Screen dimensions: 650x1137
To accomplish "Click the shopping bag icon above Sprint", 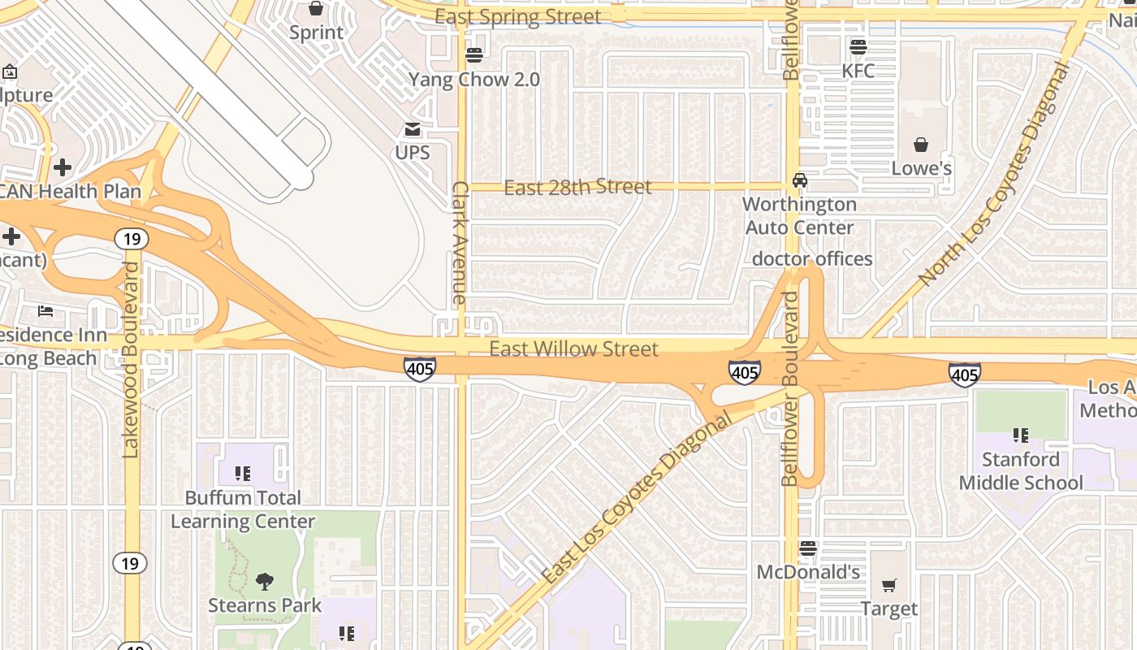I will click(x=316, y=9).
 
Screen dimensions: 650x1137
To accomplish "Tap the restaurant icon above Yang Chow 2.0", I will click(x=474, y=55).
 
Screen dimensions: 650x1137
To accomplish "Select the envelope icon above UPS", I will click(x=413, y=129).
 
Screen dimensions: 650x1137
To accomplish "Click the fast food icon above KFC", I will click(x=858, y=46).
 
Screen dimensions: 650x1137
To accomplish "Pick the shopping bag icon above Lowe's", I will click(x=921, y=145).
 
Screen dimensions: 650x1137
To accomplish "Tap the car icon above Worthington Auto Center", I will click(x=800, y=180).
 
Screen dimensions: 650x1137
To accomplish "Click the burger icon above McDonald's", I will click(x=807, y=548).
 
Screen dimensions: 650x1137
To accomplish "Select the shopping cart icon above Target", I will click(x=889, y=585).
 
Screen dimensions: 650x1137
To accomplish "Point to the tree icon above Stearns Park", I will click(x=264, y=581).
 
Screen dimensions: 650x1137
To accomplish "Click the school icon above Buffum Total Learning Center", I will click(x=242, y=473).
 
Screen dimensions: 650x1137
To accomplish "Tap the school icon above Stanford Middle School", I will click(x=1021, y=435).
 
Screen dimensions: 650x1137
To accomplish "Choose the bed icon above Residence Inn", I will click(x=45, y=311).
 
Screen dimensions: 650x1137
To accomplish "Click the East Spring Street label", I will click(x=518, y=17).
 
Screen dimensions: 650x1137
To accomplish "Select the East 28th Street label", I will click(x=577, y=188).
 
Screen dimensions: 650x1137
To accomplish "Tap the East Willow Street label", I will click(x=573, y=349).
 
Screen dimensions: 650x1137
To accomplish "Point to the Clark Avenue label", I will click(x=460, y=243).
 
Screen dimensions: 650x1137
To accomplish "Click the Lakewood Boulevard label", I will click(x=131, y=359).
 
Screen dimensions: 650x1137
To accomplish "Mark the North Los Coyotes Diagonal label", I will click(x=996, y=175).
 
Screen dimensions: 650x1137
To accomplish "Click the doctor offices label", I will click(x=812, y=259).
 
